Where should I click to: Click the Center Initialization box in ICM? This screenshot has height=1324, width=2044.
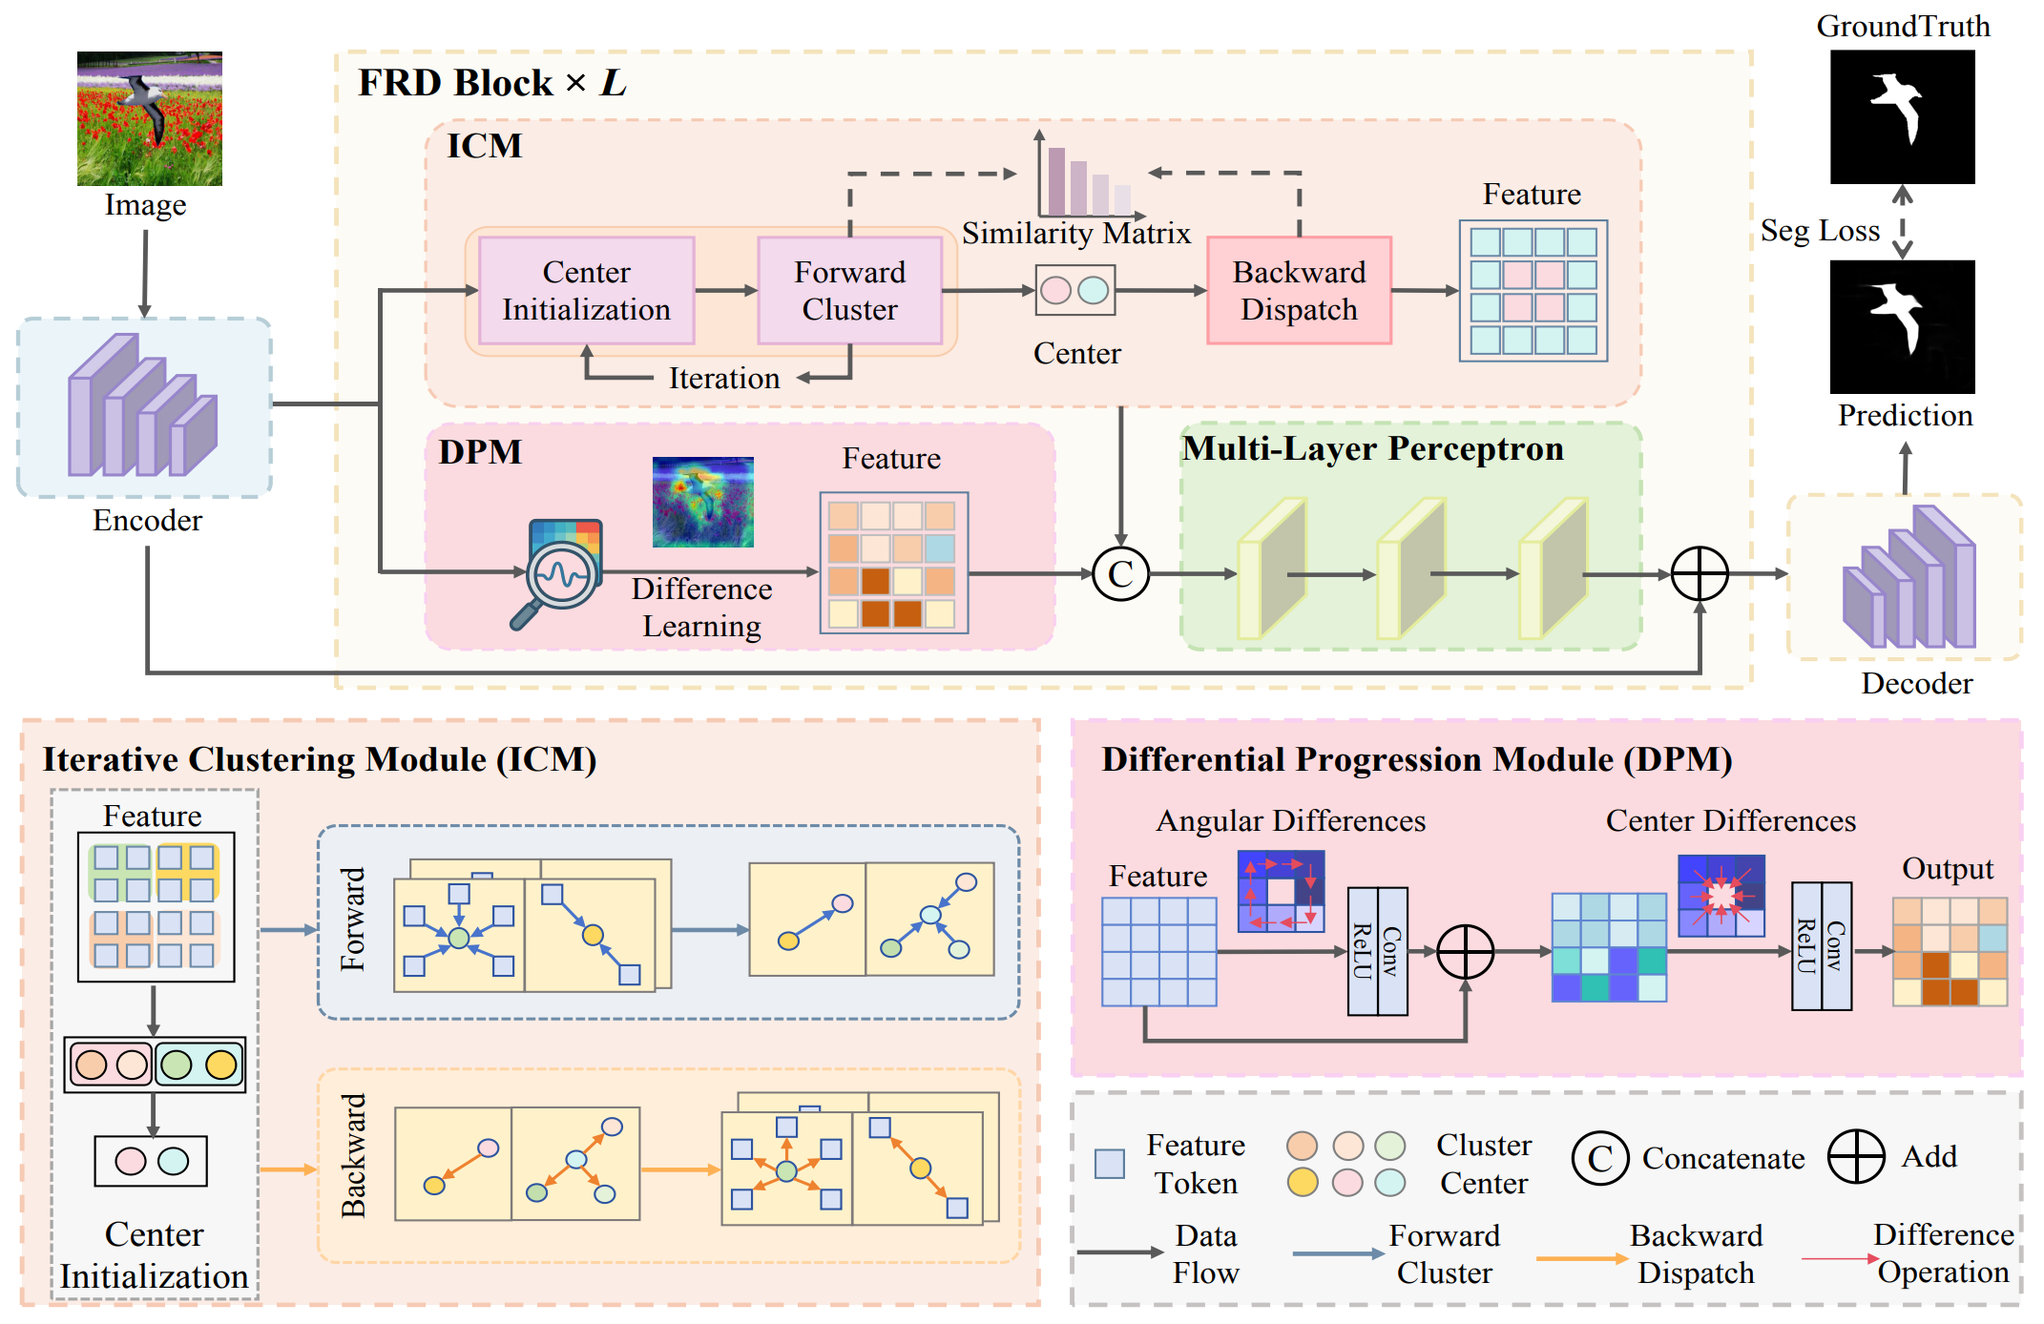[x=586, y=291]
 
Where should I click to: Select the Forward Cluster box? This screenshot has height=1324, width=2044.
[x=849, y=291]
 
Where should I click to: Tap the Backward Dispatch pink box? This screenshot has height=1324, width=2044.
[x=1299, y=291]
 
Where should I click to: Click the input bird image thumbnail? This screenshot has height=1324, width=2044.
[x=150, y=118]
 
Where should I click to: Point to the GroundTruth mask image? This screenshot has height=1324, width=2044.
[x=1902, y=116]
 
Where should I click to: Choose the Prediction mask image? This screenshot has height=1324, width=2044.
[x=1902, y=326]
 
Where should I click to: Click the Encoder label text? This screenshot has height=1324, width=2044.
[x=147, y=521]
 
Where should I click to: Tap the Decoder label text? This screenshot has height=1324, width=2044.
[x=1916, y=684]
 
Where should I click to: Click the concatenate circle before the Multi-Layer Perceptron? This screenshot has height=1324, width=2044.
[x=1120, y=573]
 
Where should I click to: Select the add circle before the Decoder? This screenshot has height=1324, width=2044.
[x=1700, y=574]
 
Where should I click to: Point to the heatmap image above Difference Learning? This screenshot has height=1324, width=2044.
[x=702, y=502]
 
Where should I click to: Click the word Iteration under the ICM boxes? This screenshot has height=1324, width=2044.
[x=723, y=379]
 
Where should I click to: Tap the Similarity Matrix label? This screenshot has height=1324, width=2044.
[x=1075, y=234]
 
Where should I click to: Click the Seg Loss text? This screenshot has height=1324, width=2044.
[x=1819, y=231]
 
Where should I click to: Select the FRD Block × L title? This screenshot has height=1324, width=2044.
[x=491, y=83]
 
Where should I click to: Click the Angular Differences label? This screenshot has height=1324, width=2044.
[x=1290, y=821]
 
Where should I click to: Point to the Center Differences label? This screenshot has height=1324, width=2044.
[x=1730, y=821]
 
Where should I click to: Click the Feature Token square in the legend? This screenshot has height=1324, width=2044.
[x=1109, y=1164]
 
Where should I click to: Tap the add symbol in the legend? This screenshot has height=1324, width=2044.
[x=1855, y=1156]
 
